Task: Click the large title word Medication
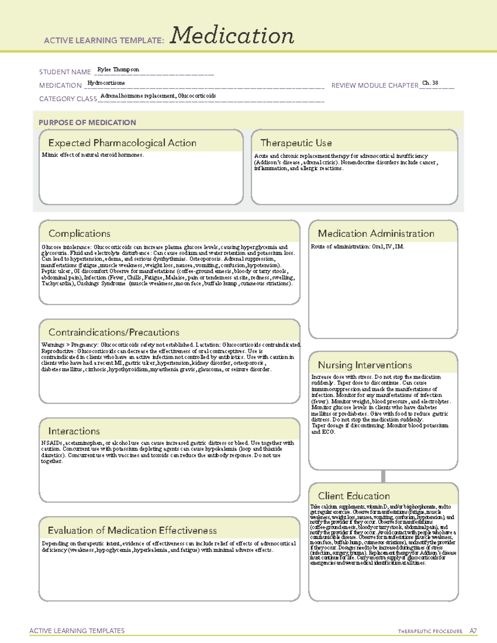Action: [x=232, y=36]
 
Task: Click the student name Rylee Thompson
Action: [x=118, y=70]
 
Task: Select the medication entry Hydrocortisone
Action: [x=106, y=83]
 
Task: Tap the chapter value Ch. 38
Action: [x=430, y=83]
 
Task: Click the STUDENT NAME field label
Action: [x=65, y=72]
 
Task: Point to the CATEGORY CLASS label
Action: [x=68, y=99]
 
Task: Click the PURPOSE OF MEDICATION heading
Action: [x=87, y=123]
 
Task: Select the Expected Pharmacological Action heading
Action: [x=122, y=143]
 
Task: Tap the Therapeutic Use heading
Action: [x=296, y=143]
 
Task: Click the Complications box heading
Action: [x=79, y=234]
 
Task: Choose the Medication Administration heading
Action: [x=376, y=234]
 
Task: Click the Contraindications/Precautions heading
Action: [x=113, y=332]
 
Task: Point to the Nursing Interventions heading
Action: [x=364, y=365]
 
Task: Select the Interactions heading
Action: [x=74, y=431]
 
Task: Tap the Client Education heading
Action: [x=354, y=496]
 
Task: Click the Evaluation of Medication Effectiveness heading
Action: [x=132, y=531]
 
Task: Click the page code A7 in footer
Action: [x=473, y=631]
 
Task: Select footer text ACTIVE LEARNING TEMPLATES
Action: [x=77, y=631]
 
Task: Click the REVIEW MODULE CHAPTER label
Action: [x=374, y=85]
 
